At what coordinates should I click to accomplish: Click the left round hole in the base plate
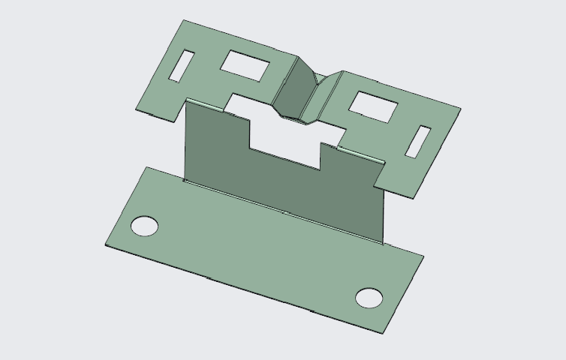145,225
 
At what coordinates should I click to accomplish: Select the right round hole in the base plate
369,297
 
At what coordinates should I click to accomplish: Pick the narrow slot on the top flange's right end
418,142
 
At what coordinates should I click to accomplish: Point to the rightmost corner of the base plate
423,256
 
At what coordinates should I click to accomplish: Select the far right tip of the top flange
460,109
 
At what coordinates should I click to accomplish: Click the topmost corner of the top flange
182,20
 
